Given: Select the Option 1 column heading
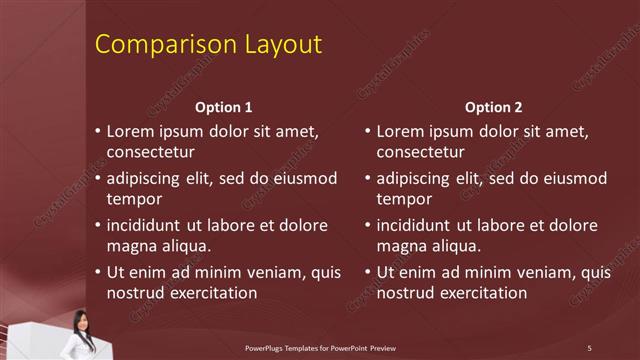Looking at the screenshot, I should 223,107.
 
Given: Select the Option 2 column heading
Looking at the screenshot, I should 493,107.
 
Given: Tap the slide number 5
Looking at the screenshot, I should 589,347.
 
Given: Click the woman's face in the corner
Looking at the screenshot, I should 79,322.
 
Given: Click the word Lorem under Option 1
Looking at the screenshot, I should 130,131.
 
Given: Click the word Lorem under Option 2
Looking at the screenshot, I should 400,131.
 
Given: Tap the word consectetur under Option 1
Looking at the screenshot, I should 150,152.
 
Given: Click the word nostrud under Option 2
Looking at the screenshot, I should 406,293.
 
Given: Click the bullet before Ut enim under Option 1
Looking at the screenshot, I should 98,272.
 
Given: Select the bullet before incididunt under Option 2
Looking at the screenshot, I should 368,225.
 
